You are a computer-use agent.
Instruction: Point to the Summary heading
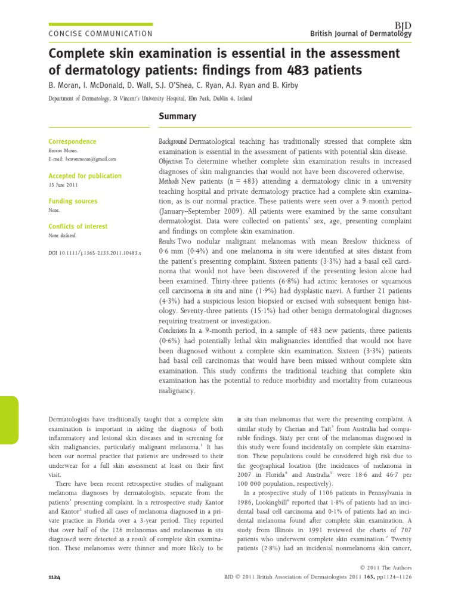pyautogui.click(x=177, y=116)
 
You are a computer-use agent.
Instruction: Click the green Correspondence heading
pyautogui.click(x=72, y=141)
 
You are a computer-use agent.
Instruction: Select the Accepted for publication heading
pyautogui.click(x=85, y=176)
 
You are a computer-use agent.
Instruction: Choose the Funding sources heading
pyautogui.click(x=73, y=202)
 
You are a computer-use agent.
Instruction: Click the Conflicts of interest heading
pyautogui.click(x=78, y=226)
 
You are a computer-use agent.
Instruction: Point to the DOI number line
pyautogui.click(x=94, y=254)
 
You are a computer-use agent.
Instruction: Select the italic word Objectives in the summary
pyautogui.click(x=171, y=162)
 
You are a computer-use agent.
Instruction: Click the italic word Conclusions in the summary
pyautogui.click(x=173, y=330)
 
